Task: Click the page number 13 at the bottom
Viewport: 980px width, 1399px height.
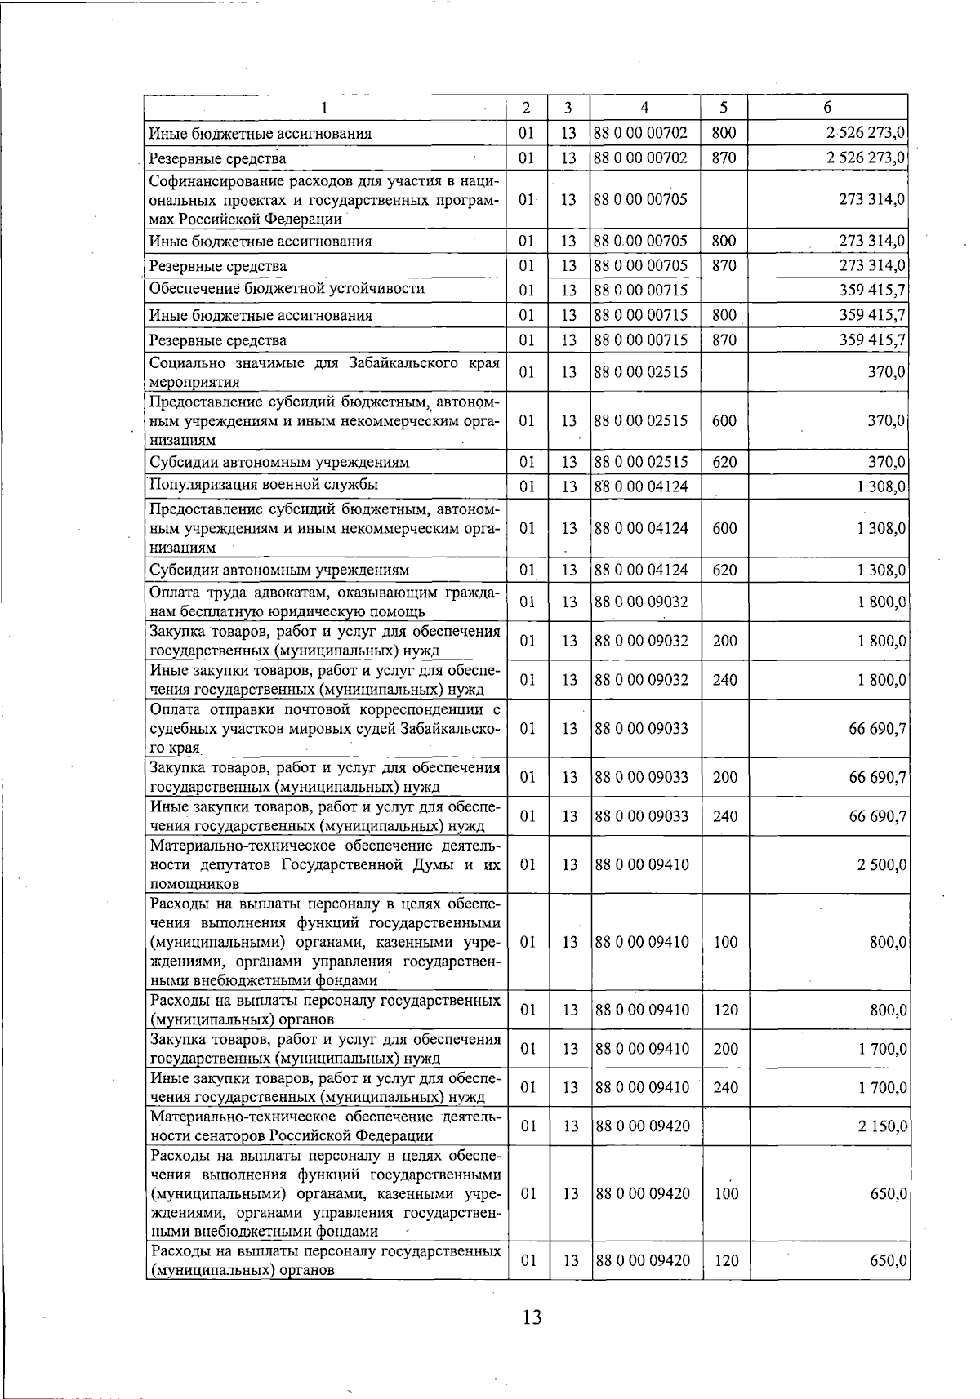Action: [x=532, y=1317]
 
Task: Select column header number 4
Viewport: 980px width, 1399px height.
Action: [x=644, y=108]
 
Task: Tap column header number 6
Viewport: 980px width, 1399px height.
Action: [x=827, y=108]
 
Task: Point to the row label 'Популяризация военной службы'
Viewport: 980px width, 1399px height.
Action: [x=263, y=485]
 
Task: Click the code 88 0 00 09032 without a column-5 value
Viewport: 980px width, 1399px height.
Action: [x=641, y=602]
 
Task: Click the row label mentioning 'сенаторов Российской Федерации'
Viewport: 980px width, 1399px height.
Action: [x=324, y=1126]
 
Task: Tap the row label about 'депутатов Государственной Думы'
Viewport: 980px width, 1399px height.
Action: [x=324, y=864]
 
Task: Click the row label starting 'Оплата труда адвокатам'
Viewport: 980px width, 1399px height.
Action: [x=324, y=602]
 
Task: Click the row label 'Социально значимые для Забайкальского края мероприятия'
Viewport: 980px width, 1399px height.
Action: [x=324, y=372]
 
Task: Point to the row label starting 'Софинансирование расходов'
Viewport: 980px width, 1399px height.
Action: [x=324, y=199]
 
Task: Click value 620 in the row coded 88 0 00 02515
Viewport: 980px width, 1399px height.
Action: [x=724, y=463]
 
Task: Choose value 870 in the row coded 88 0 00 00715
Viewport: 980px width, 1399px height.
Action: [x=724, y=340]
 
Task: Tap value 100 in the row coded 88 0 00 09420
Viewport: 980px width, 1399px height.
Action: [x=725, y=1193]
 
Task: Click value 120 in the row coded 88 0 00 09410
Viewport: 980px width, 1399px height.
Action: [x=725, y=1010]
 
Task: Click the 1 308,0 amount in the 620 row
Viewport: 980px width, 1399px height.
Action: [x=881, y=570]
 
